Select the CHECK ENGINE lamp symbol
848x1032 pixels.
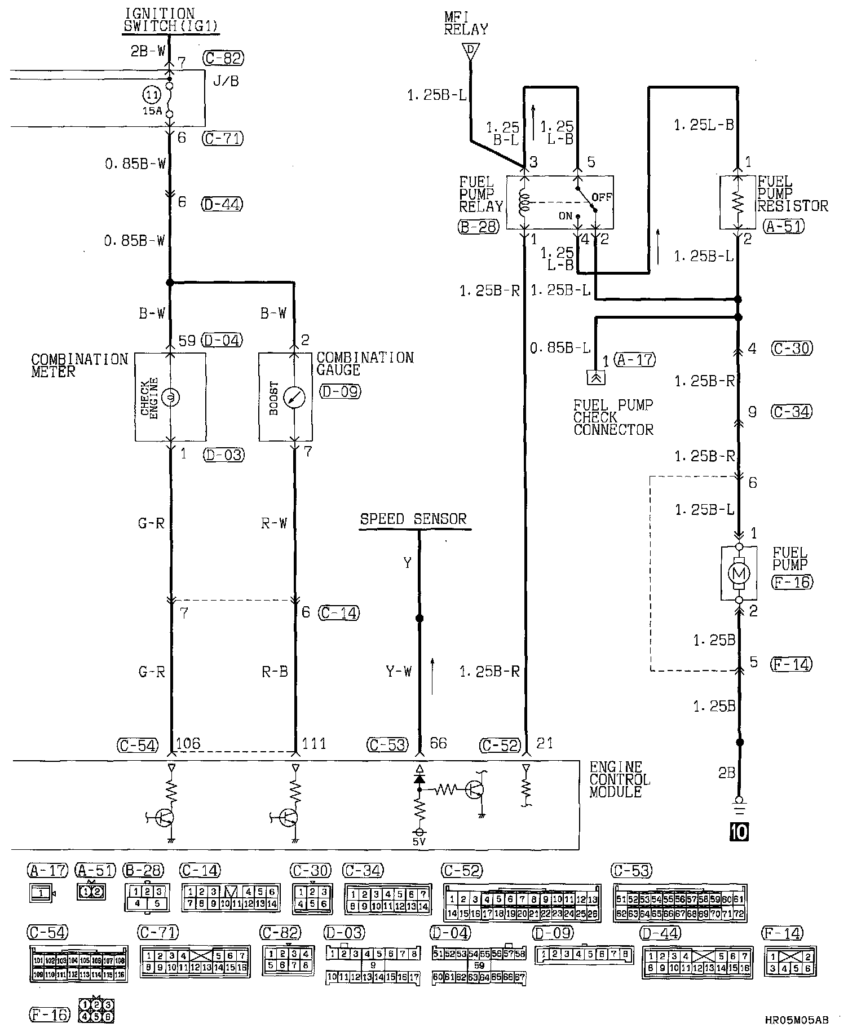(170, 398)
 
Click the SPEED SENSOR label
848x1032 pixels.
(413, 519)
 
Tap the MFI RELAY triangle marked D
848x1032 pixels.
(469, 51)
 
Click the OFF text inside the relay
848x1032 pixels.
(602, 197)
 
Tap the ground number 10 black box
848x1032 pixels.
(739, 831)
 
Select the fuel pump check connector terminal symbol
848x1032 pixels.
(597, 377)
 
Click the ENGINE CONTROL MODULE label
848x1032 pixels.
(619, 779)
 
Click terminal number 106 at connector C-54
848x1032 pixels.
(188, 744)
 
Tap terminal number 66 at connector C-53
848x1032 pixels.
(438, 744)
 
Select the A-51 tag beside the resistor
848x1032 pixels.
(784, 226)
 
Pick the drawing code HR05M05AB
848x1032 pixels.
(797, 1020)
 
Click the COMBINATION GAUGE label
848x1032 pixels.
(365, 364)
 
